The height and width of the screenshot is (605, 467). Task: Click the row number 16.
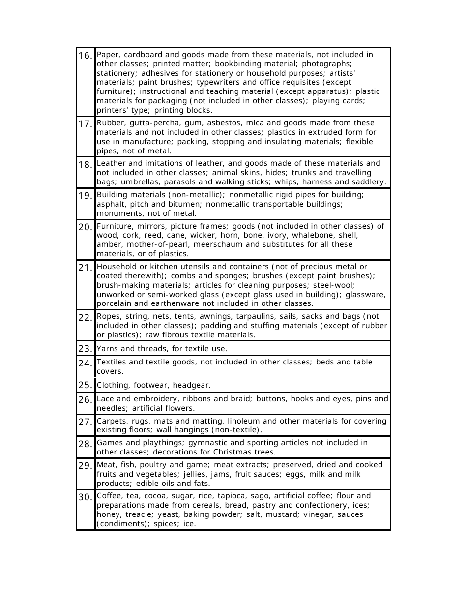click(85, 56)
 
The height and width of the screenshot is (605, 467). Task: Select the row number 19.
click(85, 196)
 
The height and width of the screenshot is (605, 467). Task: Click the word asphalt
click(111, 204)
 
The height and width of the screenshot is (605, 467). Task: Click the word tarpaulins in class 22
click(247, 316)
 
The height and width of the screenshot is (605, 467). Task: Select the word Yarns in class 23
click(107, 349)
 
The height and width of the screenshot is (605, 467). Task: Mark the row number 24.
click(85, 363)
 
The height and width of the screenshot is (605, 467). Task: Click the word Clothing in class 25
click(114, 385)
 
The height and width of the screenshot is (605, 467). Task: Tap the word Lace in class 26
click(106, 399)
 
